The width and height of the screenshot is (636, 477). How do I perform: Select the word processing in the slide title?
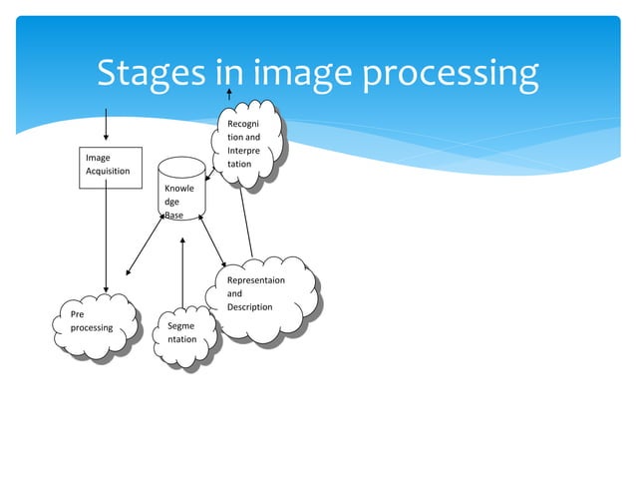449,73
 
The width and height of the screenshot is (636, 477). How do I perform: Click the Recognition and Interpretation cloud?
245,145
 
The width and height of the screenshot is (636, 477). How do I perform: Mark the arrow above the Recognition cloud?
229,95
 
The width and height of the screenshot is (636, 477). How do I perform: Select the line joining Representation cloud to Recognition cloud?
246,221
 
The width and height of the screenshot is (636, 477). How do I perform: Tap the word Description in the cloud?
249,307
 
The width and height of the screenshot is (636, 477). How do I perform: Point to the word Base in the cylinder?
174,215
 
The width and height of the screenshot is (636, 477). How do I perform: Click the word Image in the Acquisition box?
98,158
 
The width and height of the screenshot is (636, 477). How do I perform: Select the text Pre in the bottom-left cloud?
78,314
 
